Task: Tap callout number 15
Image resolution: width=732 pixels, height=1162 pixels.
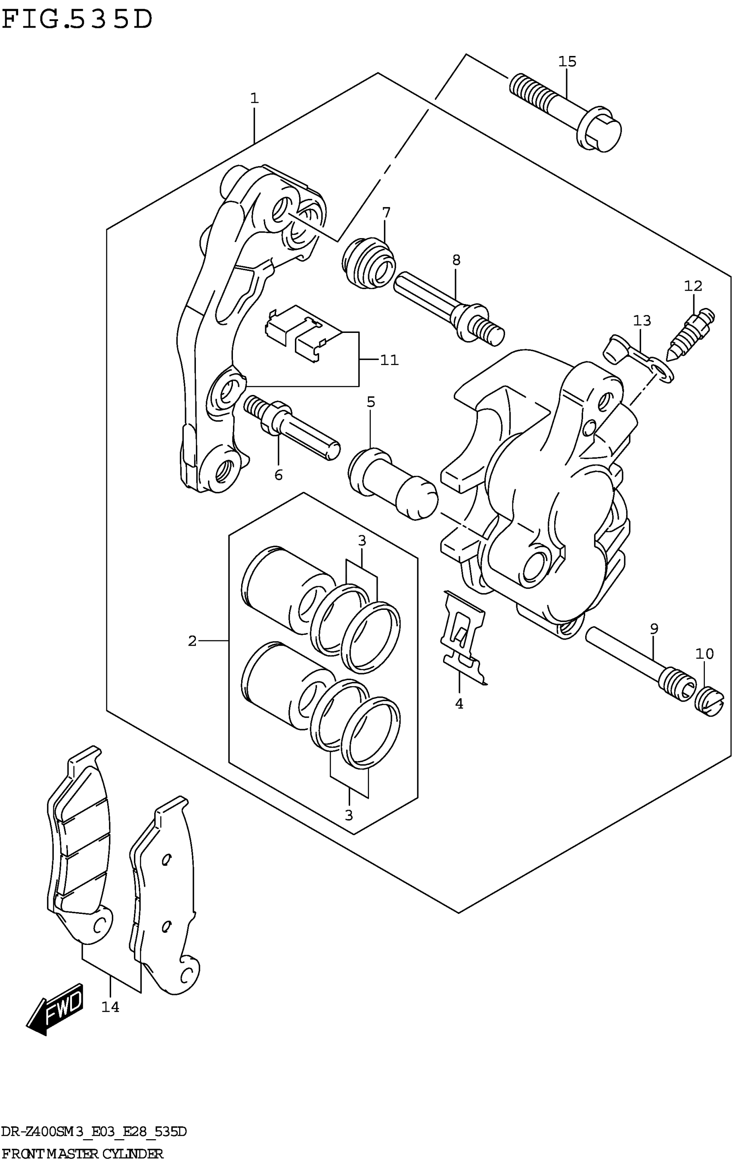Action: click(x=567, y=62)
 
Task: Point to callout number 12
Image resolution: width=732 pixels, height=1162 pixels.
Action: click(x=693, y=286)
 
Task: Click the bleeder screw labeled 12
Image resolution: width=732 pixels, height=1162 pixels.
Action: click(x=691, y=335)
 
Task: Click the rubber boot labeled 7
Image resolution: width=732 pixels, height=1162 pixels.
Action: click(x=368, y=264)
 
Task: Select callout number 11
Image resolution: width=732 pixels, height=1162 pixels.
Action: click(x=389, y=360)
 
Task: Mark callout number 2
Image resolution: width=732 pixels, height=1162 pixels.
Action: click(x=192, y=641)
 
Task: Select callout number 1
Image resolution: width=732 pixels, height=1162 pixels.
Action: click(x=254, y=99)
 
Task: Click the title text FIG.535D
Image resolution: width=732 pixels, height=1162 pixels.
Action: click(x=77, y=20)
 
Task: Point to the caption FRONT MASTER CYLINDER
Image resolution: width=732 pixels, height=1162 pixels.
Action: click(x=82, y=1154)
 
